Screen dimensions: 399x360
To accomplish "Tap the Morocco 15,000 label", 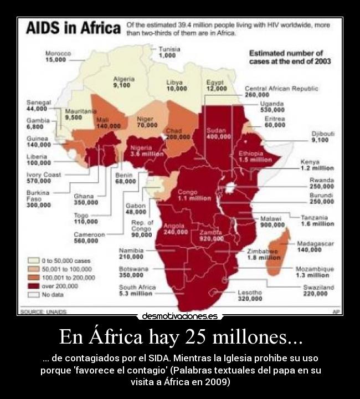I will [x=58, y=56].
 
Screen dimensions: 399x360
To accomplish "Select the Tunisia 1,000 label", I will [x=169, y=52].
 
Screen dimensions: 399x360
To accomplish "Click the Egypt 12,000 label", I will [x=216, y=85].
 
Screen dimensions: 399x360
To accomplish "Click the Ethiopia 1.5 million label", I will [x=255, y=156].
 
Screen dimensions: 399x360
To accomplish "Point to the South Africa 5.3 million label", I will [x=137, y=290].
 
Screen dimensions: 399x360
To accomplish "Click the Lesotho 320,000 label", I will [x=250, y=295].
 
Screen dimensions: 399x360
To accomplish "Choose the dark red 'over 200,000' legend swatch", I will [x=34, y=287].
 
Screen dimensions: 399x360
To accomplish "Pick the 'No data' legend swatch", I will [x=34, y=295].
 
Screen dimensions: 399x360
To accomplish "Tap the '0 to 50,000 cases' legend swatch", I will [x=34, y=260].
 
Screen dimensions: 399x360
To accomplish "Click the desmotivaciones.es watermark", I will [x=179, y=316].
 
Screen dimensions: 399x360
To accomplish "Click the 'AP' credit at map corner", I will [x=336, y=312].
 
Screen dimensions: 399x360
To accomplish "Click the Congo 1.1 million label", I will [x=194, y=195].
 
